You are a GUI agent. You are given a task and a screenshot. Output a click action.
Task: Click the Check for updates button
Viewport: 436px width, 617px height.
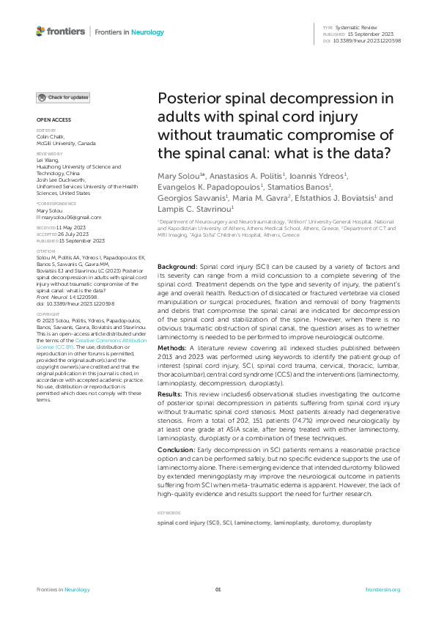coord(64,97)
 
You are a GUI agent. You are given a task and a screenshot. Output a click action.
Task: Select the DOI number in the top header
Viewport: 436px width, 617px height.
coord(366,41)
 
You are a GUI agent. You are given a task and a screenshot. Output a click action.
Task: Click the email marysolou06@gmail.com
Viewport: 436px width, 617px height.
coord(72,218)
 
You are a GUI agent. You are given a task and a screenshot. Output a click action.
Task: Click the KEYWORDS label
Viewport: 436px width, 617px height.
coord(170,512)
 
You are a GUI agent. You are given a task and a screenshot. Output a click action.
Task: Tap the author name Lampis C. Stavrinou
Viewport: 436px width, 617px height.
coord(197,210)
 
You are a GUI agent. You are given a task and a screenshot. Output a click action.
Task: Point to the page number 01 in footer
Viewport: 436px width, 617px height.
coord(218,589)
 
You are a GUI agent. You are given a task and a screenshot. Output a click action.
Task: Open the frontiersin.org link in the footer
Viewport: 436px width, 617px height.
coord(383,589)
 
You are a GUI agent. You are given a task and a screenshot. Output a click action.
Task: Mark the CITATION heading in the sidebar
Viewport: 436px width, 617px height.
coord(47,251)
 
